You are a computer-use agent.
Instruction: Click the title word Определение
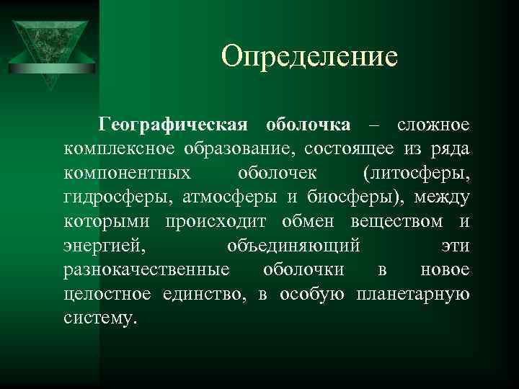click(x=309, y=55)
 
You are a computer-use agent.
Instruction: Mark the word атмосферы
click(x=229, y=197)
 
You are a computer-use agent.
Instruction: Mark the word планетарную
click(x=413, y=295)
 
